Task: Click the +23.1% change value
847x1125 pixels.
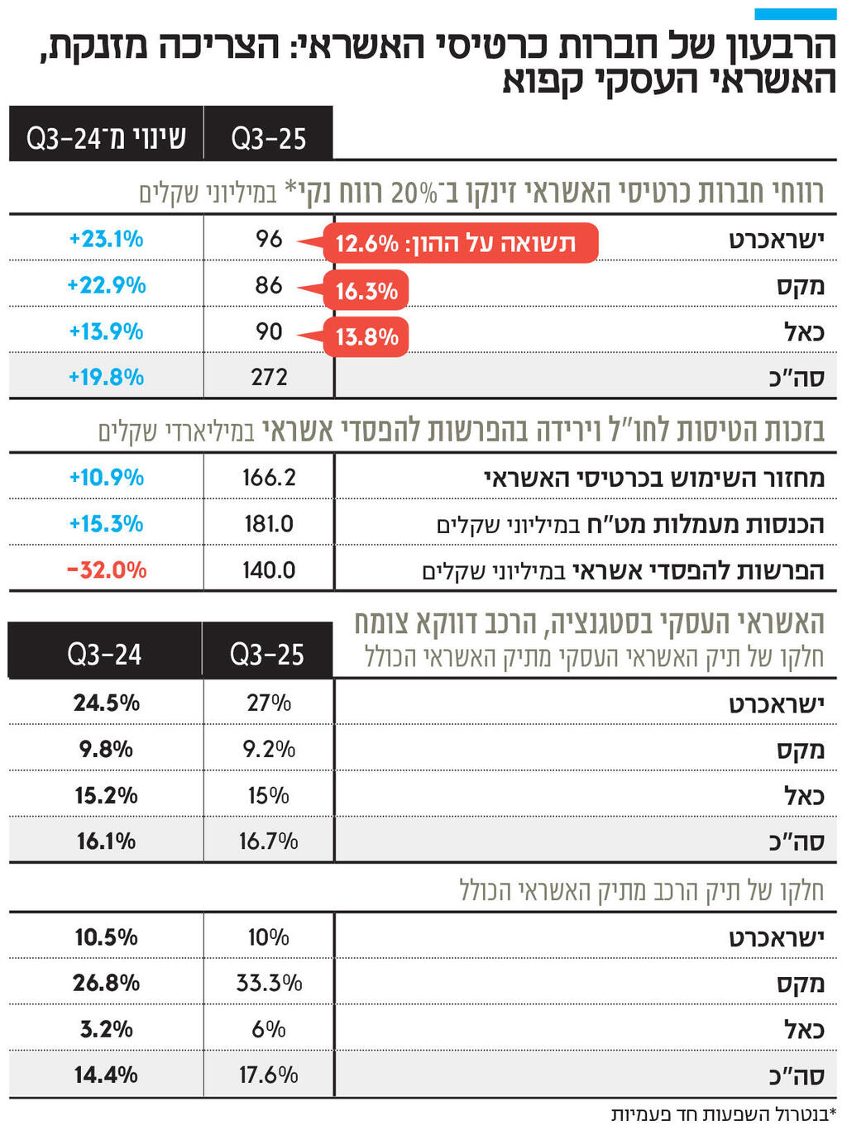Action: click(x=106, y=239)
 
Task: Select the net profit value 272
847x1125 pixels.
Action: click(x=269, y=377)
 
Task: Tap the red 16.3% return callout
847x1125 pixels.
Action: click(x=366, y=291)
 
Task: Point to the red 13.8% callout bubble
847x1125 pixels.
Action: click(x=366, y=337)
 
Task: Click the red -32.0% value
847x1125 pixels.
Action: click(x=107, y=570)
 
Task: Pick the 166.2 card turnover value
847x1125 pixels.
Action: click(x=269, y=478)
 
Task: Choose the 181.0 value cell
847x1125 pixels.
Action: click(x=269, y=524)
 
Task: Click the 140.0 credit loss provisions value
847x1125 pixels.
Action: click(x=269, y=570)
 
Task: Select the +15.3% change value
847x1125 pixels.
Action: click(x=106, y=524)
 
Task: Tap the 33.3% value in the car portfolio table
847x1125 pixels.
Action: click(x=269, y=983)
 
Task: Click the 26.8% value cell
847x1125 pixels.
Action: click(x=106, y=983)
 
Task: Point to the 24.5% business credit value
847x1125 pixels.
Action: click(x=106, y=703)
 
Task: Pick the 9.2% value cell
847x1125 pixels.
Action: click(x=269, y=750)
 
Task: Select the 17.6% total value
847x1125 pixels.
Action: click(x=269, y=1075)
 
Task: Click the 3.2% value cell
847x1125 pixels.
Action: click(x=106, y=1029)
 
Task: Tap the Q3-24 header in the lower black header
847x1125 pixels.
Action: click(x=104, y=655)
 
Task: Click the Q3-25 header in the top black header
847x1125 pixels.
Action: click(x=269, y=138)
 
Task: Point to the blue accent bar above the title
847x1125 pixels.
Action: click(x=795, y=14)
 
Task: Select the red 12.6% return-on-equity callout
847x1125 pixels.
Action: click(x=460, y=243)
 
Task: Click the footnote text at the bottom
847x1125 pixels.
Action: click(x=724, y=1113)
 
